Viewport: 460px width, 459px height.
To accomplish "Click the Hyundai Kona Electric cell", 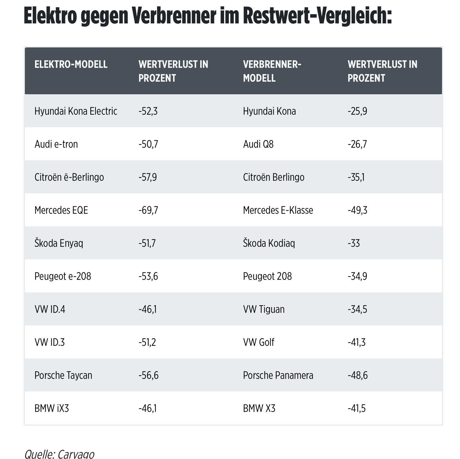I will pos(76,111).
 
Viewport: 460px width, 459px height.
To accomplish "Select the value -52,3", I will pos(148,111).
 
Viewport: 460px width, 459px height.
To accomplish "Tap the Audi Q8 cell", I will pos(258,144).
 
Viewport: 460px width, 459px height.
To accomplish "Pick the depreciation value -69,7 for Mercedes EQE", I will pos(148,210).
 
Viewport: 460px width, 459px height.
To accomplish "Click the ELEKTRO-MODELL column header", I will pos(71,65).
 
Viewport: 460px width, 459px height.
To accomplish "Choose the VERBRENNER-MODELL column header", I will pos(272,71).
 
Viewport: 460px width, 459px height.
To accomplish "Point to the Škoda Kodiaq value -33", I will pos(354,243).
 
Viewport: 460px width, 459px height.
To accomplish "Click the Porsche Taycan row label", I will pos(63,376).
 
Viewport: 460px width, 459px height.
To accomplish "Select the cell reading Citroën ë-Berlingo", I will pos(69,177).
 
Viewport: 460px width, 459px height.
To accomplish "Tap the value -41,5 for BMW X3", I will pos(357,409).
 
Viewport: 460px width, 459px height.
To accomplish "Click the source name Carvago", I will pos(76,454).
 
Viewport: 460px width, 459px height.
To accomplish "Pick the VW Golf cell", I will pos(259,343).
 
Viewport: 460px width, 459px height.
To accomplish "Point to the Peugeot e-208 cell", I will pos(63,276).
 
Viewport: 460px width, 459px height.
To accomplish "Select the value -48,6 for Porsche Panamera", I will pos(358,376).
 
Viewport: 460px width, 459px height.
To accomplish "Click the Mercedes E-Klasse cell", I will pos(278,210).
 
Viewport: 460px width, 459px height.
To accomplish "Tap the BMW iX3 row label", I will pos(52,409).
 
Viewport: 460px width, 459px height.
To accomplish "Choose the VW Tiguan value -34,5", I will pos(357,310).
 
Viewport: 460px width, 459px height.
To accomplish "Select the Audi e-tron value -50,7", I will pos(148,144).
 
